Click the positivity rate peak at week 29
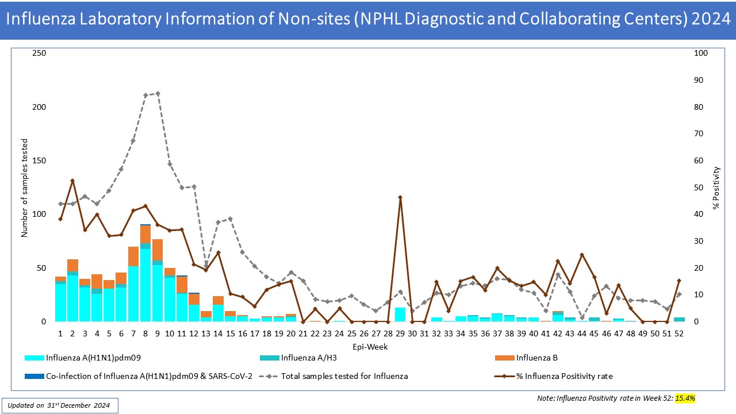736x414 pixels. (x=400, y=197)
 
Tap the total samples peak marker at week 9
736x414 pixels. (x=158, y=93)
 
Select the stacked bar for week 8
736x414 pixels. (x=145, y=273)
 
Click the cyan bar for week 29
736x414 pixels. (x=400, y=315)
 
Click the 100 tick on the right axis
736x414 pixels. (x=701, y=53)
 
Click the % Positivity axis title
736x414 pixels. (x=716, y=187)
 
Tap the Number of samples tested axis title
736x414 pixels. (x=24, y=187)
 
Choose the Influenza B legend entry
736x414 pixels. (x=536, y=358)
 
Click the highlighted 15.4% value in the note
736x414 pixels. (x=685, y=398)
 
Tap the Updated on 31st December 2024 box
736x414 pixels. (x=60, y=405)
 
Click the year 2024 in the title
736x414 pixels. (x=711, y=20)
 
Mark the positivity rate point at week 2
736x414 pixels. (x=72, y=181)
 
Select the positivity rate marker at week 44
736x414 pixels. (x=582, y=255)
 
